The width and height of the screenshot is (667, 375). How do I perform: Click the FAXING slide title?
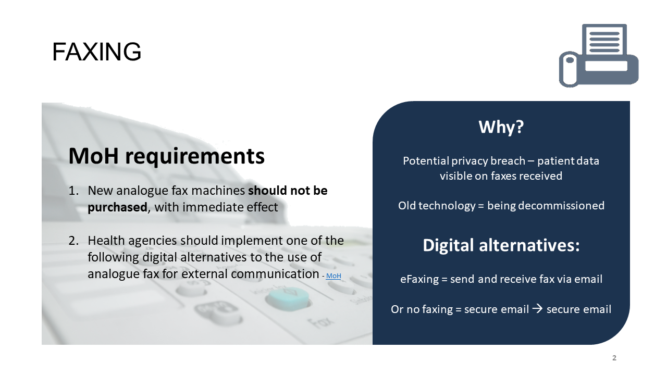click(x=96, y=52)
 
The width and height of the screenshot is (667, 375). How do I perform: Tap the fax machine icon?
click(x=599, y=56)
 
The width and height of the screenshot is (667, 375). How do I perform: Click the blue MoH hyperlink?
click(x=333, y=276)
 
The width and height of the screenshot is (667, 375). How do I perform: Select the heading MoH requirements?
click(x=166, y=156)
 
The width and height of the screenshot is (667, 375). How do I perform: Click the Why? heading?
click(x=501, y=127)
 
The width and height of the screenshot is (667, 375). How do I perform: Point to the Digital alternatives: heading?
click(x=501, y=245)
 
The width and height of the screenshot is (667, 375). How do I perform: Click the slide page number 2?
click(x=614, y=358)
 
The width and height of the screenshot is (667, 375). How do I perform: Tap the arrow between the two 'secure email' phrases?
click(x=537, y=309)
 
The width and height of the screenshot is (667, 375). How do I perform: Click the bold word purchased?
click(x=117, y=207)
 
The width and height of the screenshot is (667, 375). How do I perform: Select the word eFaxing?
click(x=419, y=280)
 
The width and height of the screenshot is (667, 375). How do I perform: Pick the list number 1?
click(x=73, y=191)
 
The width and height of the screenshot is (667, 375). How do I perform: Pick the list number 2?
click(x=73, y=241)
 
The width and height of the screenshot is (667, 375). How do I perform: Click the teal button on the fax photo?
click(x=288, y=297)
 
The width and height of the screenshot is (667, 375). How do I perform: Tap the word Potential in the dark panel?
click(x=426, y=161)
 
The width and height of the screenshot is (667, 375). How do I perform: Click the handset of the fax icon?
click(x=569, y=69)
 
